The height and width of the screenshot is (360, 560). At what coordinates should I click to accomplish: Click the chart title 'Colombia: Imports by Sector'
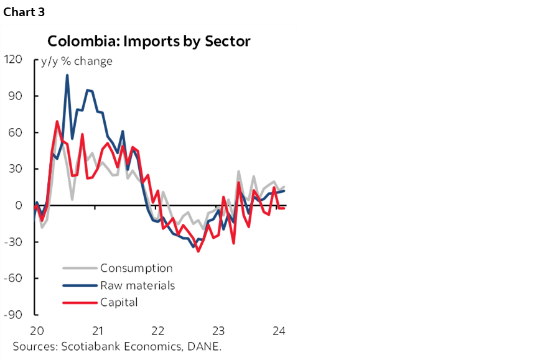point(149,42)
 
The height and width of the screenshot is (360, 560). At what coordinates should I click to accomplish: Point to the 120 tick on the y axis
point(13,60)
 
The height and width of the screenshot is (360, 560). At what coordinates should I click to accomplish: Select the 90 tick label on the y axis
point(16,96)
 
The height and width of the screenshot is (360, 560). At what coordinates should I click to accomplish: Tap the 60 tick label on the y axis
point(16,132)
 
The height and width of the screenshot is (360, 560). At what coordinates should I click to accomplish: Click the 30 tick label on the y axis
point(16,168)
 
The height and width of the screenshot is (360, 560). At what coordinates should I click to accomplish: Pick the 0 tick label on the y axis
point(19,205)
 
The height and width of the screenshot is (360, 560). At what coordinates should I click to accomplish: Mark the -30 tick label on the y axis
point(14,242)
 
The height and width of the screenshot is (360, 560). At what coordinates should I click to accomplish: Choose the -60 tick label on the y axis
point(14,278)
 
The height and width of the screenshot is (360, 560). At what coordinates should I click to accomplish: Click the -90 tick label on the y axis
point(14,315)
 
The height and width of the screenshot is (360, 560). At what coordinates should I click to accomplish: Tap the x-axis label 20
point(36,330)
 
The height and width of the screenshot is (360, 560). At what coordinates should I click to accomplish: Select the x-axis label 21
point(97,330)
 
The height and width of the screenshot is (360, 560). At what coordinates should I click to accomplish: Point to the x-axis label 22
point(158,330)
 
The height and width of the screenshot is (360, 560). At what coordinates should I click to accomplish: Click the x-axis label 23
point(219,330)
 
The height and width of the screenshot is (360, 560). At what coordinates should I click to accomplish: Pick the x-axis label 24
point(279,330)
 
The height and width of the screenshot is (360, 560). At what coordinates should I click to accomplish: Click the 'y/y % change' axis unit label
point(77,61)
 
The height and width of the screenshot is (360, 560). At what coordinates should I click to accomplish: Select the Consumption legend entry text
point(136,269)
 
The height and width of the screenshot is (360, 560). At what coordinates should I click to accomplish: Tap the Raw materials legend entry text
point(138,286)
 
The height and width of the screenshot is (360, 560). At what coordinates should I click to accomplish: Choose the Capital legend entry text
point(119,303)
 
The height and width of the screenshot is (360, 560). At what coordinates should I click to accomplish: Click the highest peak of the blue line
point(67,75)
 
